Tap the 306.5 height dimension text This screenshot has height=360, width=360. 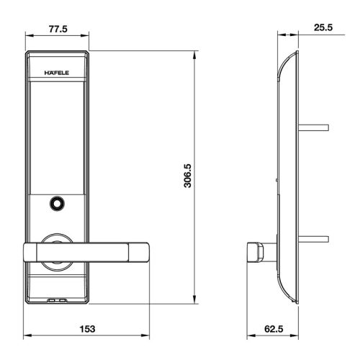click(186, 175)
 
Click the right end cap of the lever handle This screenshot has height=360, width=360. click(140, 251)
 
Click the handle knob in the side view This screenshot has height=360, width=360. click(253, 251)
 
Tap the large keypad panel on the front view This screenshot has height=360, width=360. click(57, 133)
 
